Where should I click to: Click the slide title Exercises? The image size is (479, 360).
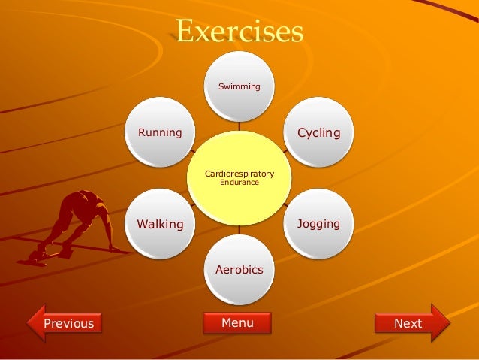point(239,32)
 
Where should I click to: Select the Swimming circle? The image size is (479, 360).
point(239,85)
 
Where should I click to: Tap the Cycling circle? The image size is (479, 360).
point(318,132)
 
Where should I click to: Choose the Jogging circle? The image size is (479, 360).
point(318,223)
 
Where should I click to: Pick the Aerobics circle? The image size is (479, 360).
point(239,269)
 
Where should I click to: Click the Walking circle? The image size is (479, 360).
point(161,223)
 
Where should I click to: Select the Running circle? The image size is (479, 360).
point(161,132)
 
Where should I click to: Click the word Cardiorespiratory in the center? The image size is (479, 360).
point(239,174)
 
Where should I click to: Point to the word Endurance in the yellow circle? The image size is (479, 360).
point(239,183)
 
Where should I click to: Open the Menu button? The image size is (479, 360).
point(237,322)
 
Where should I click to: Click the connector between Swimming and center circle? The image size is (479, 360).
point(239,124)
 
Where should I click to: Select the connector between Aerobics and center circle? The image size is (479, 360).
point(239,230)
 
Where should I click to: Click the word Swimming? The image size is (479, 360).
point(239,87)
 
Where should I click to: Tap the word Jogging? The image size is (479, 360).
point(318,224)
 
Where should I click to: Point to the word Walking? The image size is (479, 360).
point(160,224)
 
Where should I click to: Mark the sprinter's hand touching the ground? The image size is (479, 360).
point(113,248)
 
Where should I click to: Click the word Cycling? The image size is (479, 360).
point(318,133)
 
